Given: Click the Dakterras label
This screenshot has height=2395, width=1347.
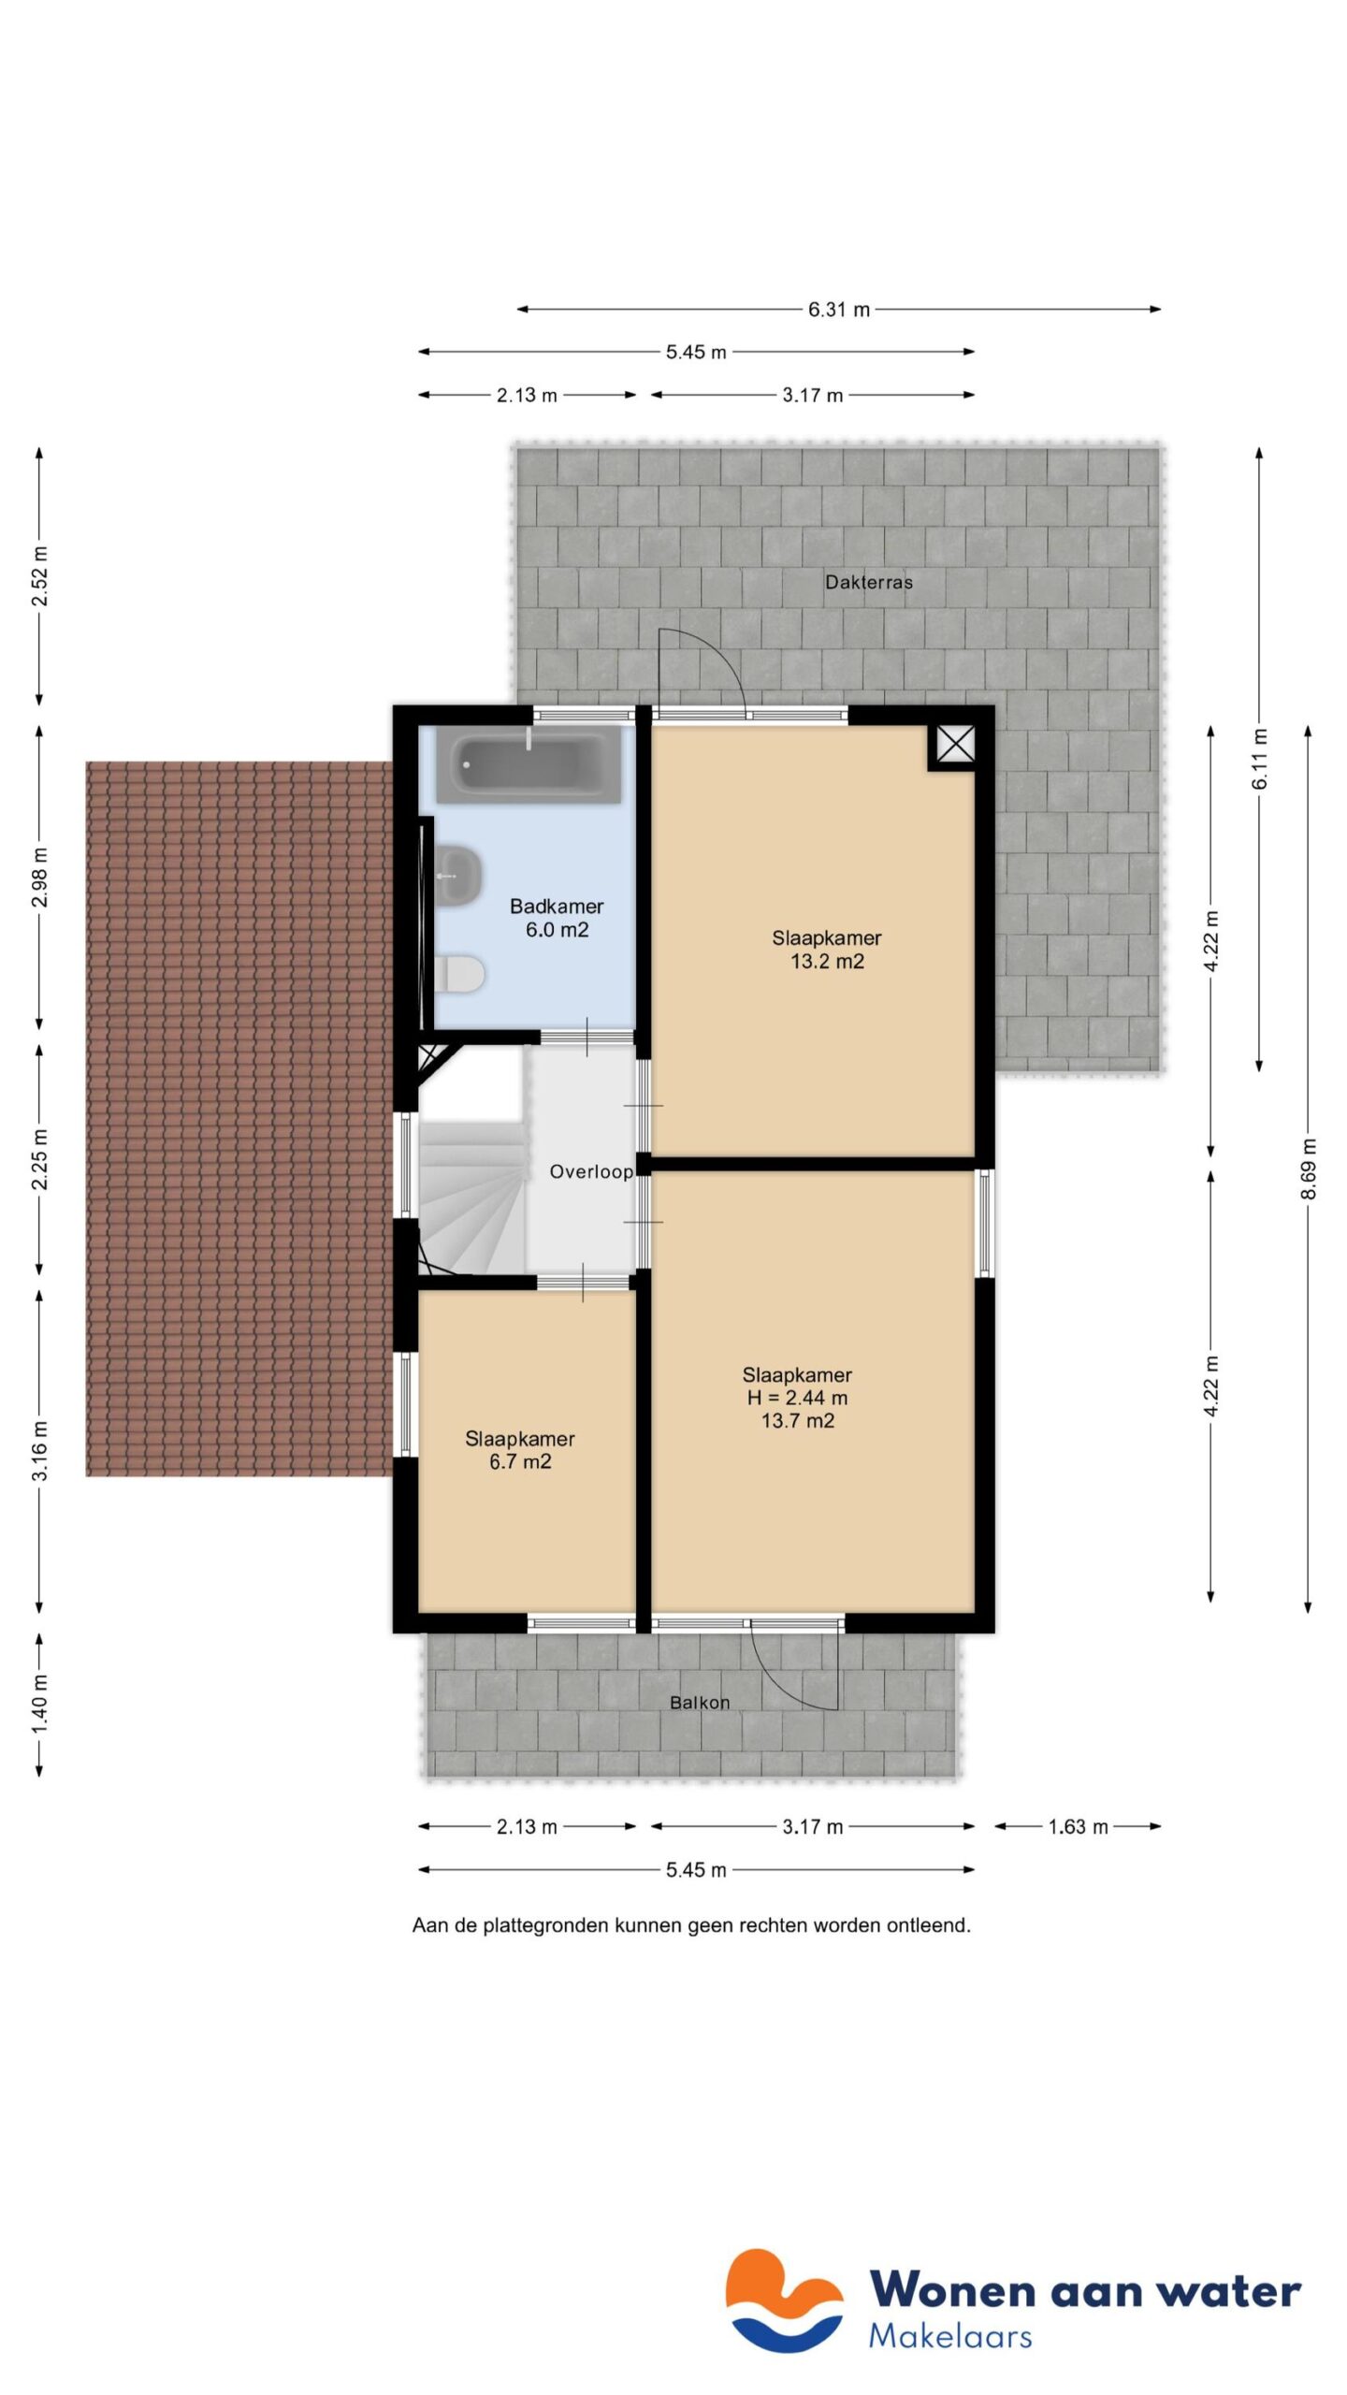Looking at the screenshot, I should coord(868,582).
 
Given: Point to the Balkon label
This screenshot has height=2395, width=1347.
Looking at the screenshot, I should coord(699,1703).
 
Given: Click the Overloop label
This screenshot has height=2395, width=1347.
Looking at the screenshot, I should coord(590,1171).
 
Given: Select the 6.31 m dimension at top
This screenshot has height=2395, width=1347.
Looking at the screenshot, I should coord(838,310).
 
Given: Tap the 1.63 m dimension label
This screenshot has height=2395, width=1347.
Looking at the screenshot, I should coord(1077,1826).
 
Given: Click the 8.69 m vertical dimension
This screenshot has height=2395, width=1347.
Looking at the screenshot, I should coord(1308,1168).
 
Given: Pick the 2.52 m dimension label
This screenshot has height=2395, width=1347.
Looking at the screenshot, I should coord(39,574).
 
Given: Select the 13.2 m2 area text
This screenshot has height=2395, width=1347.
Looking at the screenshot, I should coord(827,962).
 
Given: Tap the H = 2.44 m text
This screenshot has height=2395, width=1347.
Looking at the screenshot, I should coord(797,1398).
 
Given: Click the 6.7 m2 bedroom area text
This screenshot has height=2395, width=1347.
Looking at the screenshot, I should coord(520,1461).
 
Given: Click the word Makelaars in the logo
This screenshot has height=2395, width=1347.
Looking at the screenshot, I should coord(949,2336).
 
